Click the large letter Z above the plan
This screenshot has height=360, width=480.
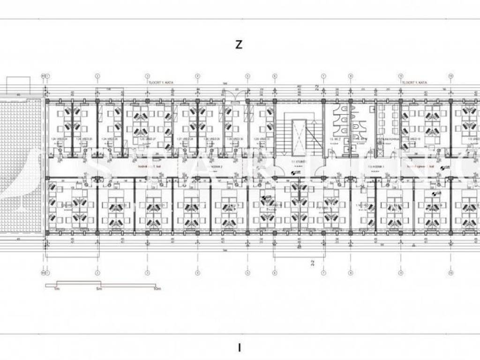[x=239, y=45]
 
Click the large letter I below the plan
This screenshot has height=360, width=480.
[x=240, y=348]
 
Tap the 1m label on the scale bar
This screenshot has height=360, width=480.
[x=56, y=289]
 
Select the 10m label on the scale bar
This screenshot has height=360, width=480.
[x=157, y=289]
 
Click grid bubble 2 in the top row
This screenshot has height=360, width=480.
[x=97, y=75]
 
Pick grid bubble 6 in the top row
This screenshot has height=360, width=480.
[x=275, y=75]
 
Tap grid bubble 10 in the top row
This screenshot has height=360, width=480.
[x=450, y=75]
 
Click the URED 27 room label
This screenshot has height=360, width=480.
[x=141, y=139]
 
